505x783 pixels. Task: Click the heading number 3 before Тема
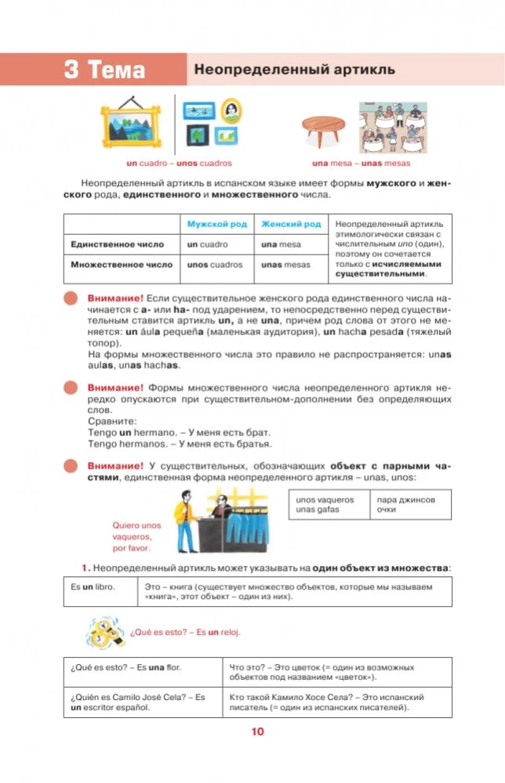pos(72,70)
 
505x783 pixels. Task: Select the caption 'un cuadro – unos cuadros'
pos(180,164)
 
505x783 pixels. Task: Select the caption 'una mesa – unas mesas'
pos(361,164)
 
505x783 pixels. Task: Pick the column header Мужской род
pos(216,224)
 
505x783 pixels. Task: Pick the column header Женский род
pos(290,224)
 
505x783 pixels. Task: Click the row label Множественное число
pos(121,265)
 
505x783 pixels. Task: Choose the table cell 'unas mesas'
pos(285,265)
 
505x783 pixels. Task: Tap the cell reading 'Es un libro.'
pos(100,591)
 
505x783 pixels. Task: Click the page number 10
pos(257,733)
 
